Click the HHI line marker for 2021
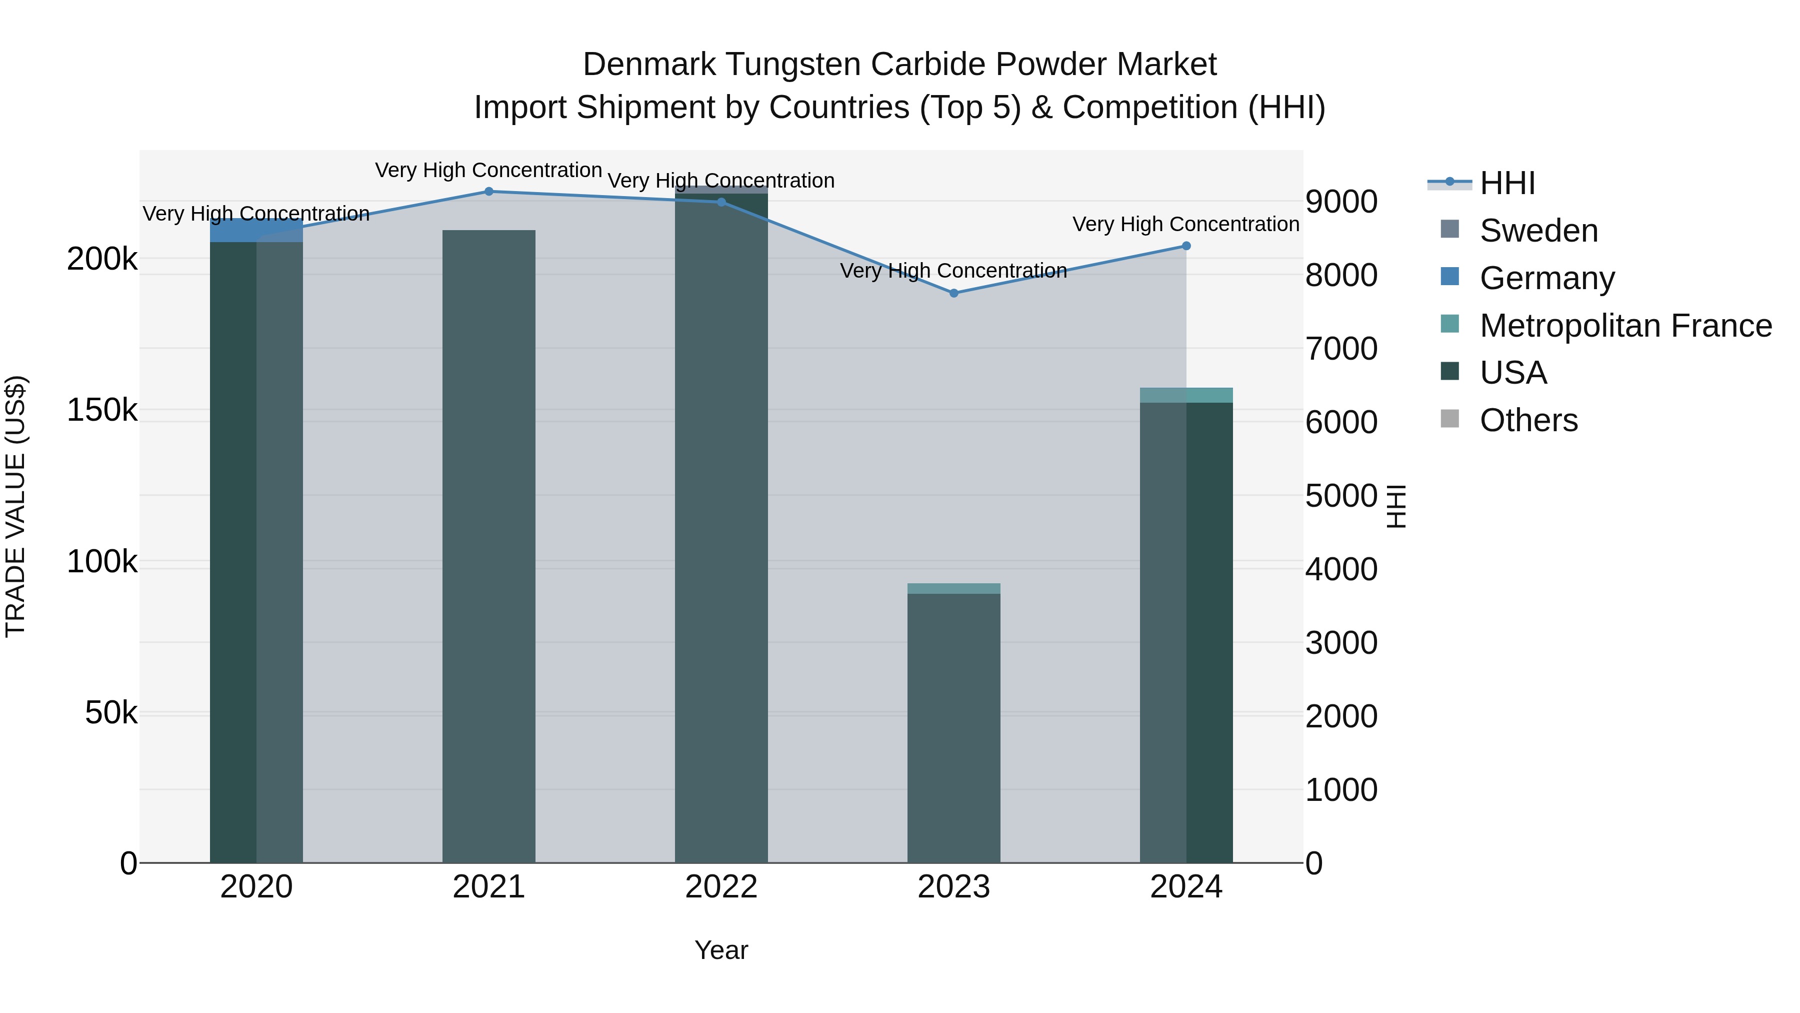pyautogui.click(x=488, y=192)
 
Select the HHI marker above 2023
pyautogui.click(x=954, y=293)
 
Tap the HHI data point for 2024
pyautogui.click(x=1186, y=246)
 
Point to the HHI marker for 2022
pyautogui.click(x=721, y=202)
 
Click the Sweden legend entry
pyautogui.click(x=1538, y=231)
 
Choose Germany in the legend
pyautogui.click(x=1546, y=278)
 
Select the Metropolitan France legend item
pyautogui.click(x=1625, y=326)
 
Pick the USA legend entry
pyautogui.click(x=1513, y=373)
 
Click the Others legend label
pyautogui.click(x=1528, y=420)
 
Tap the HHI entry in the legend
pyautogui.click(x=1507, y=183)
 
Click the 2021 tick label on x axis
pyautogui.click(x=488, y=887)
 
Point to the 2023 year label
pyautogui.click(x=954, y=887)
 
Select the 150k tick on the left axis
pyautogui.click(x=102, y=410)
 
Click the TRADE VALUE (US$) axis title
pyautogui.click(x=15, y=506)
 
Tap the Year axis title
pyautogui.click(x=721, y=950)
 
